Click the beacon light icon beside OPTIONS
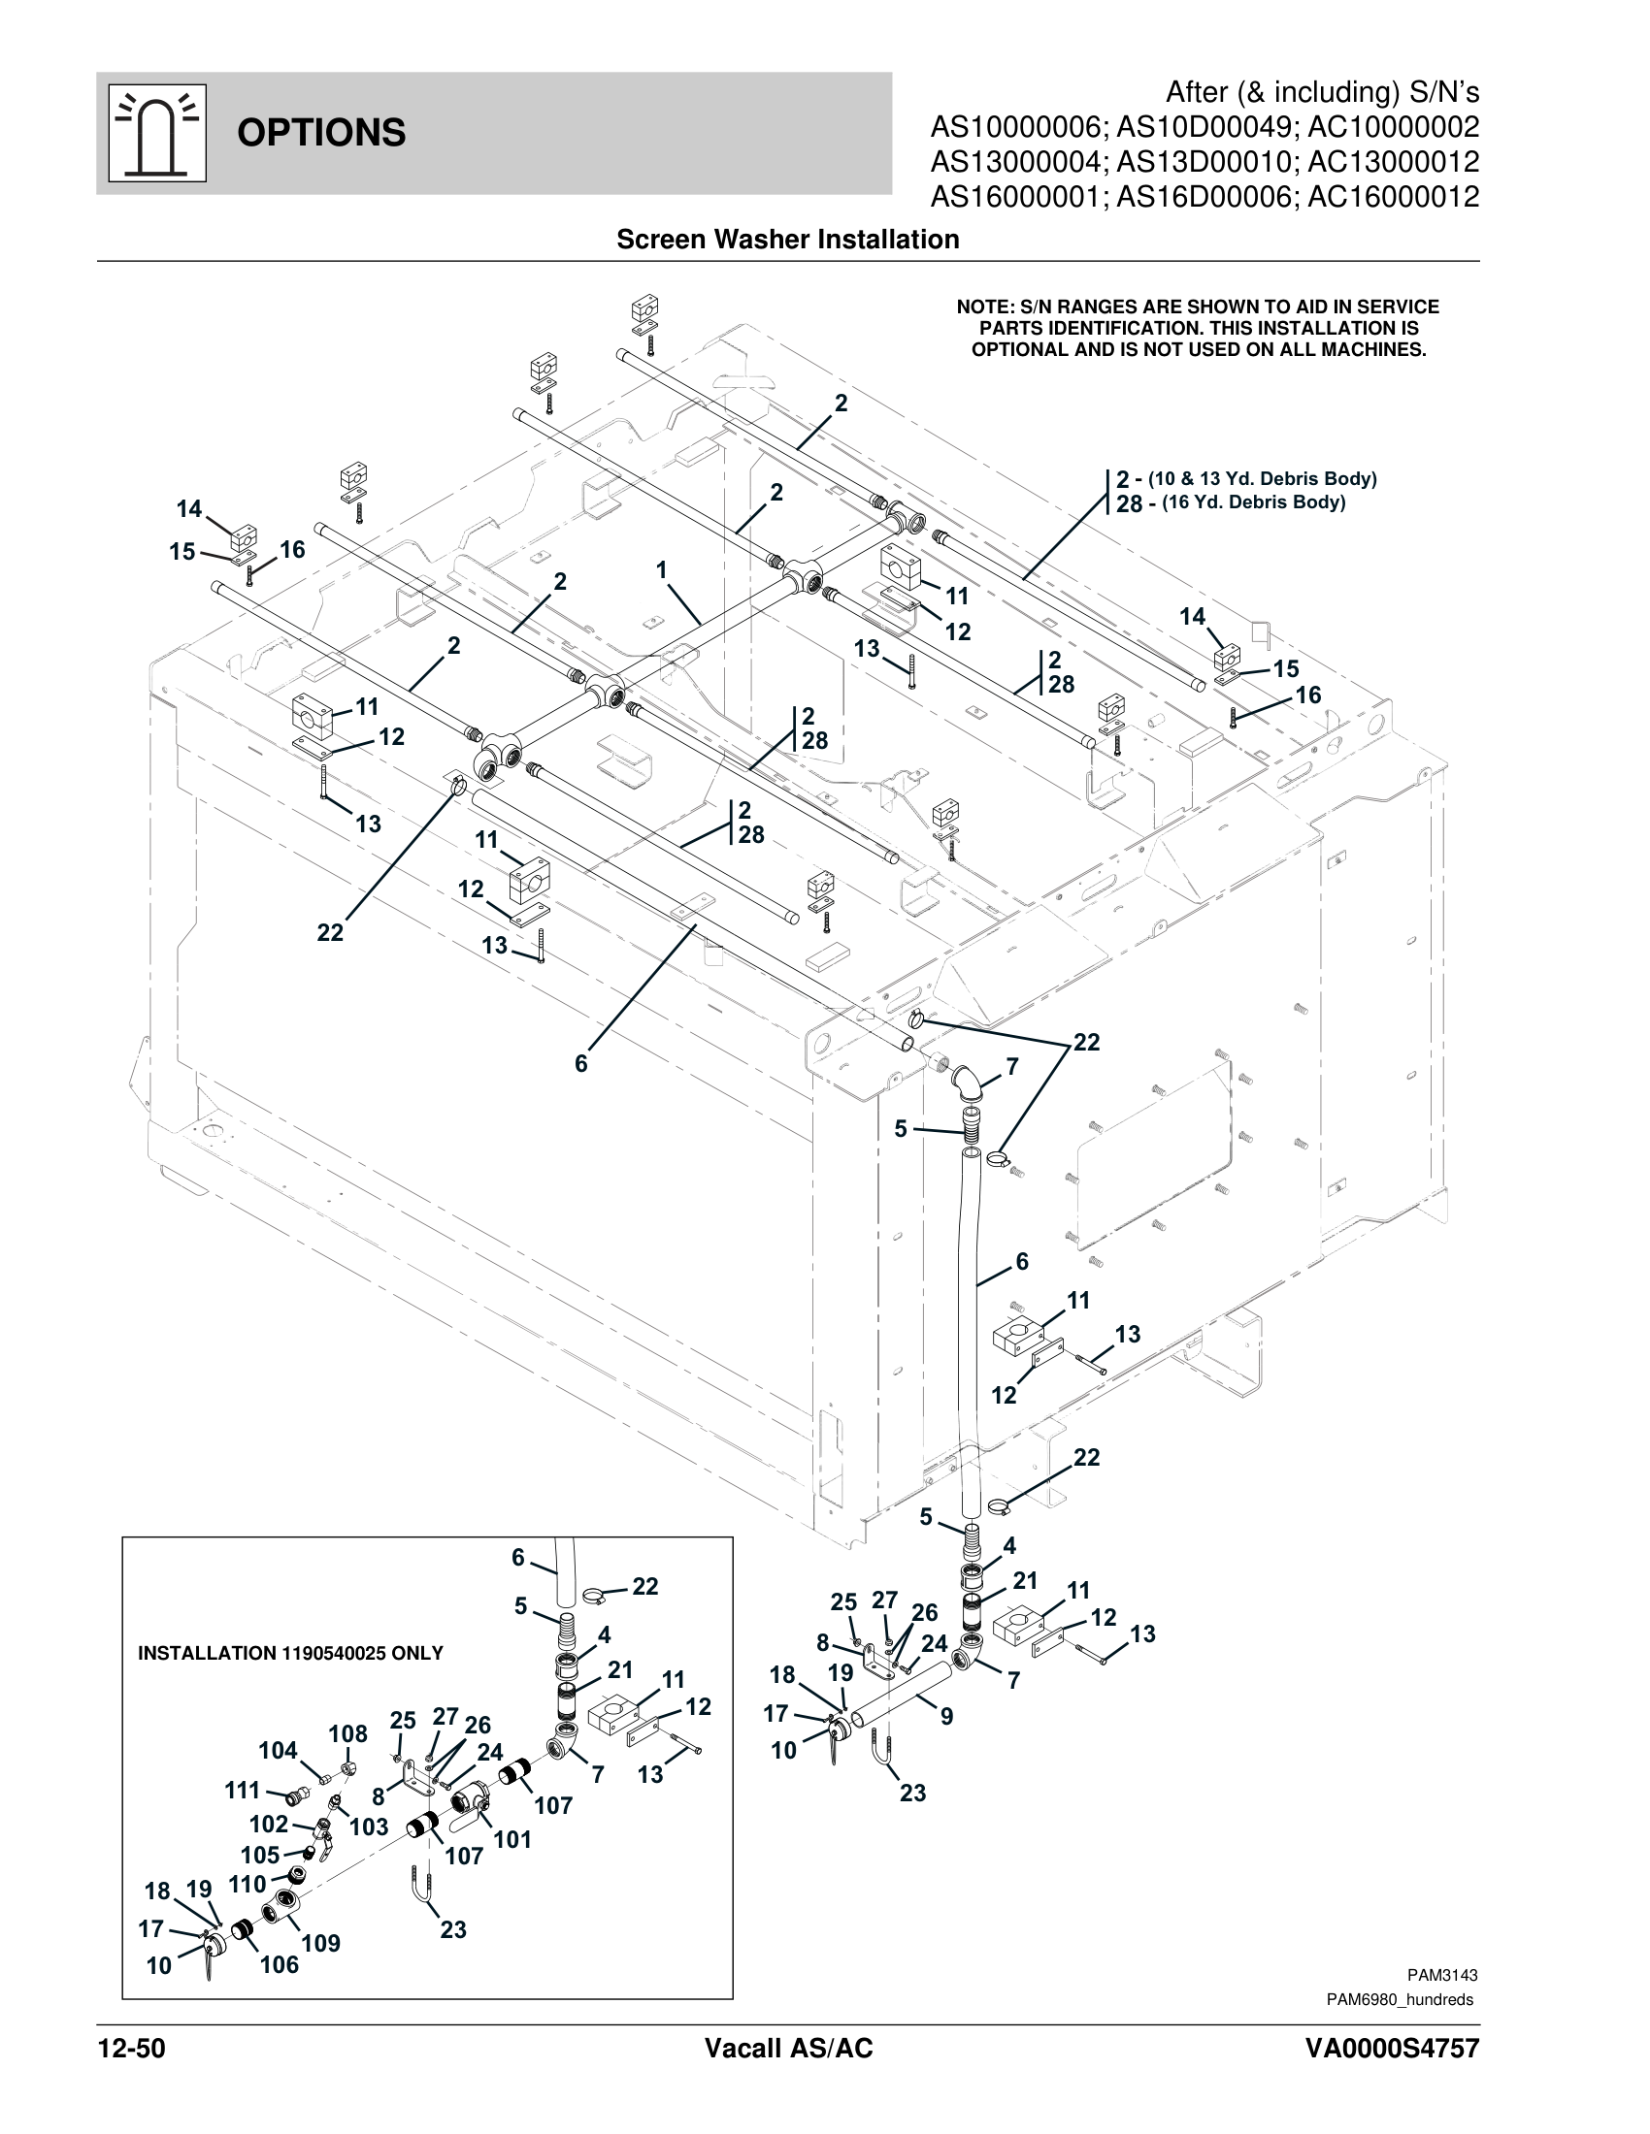(156, 133)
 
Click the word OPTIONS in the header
(320, 133)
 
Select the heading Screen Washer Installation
(787, 240)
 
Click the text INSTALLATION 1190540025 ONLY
(290, 1653)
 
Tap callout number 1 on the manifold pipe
(662, 569)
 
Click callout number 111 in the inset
(243, 1790)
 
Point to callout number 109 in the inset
(320, 1943)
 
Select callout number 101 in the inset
(511, 1840)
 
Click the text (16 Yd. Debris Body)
(1253, 503)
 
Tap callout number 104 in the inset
(278, 1750)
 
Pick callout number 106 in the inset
(279, 1964)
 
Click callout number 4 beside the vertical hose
(1008, 1545)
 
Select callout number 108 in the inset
(347, 1733)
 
